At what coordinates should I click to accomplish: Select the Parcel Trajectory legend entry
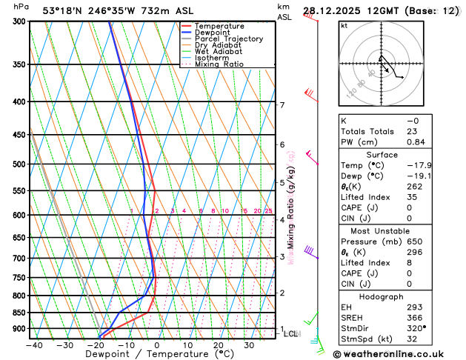point(228,39)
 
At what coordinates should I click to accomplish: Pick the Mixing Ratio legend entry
point(219,64)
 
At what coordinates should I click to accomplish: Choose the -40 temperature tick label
point(34,344)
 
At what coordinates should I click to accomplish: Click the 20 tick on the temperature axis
point(219,344)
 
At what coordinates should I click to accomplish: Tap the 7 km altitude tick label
point(282,105)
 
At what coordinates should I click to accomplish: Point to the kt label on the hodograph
point(344,25)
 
